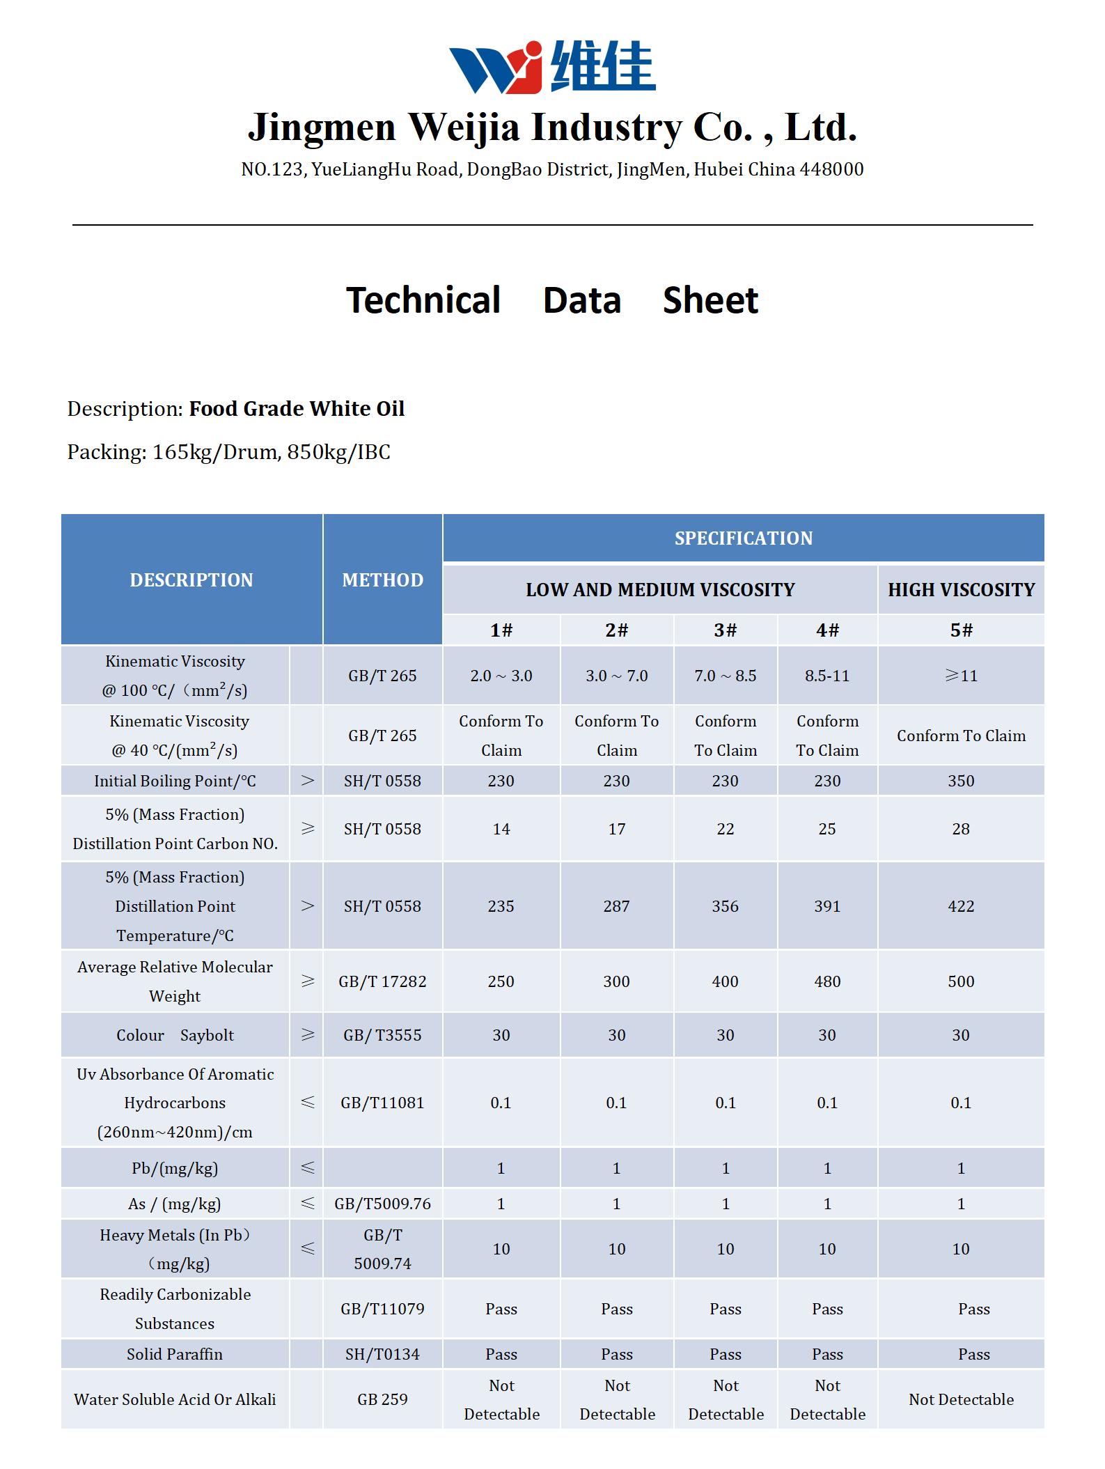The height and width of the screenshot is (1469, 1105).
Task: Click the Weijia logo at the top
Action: [551, 67]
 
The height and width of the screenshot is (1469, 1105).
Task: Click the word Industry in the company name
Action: [604, 127]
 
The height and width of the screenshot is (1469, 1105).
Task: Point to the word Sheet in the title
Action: [710, 301]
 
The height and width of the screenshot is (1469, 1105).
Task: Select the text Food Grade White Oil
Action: [297, 409]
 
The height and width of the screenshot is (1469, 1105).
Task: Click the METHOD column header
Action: [382, 580]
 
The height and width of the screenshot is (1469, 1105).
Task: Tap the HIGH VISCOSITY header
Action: [961, 590]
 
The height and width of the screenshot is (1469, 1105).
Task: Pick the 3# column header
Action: [725, 630]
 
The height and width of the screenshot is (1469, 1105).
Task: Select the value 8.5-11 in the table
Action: [827, 676]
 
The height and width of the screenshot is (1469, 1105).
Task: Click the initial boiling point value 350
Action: [961, 781]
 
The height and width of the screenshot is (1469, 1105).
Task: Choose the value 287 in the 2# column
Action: [616, 906]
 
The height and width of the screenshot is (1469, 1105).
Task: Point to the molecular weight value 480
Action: [827, 981]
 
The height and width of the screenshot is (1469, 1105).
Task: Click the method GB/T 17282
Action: [382, 981]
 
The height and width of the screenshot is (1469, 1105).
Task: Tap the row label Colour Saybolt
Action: [175, 1035]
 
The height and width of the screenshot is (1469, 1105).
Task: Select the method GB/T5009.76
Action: [382, 1204]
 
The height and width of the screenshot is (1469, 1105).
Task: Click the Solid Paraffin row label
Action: [175, 1354]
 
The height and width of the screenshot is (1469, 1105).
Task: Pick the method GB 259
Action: [382, 1399]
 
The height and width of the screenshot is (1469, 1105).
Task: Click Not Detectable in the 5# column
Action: [961, 1399]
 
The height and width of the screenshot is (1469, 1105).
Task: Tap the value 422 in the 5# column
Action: [961, 906]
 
